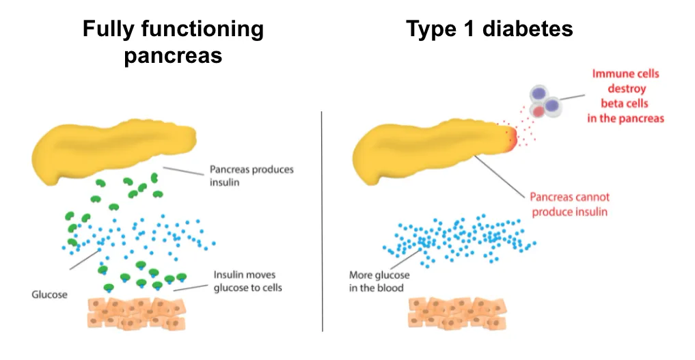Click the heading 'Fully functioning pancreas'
[x=173, y=42]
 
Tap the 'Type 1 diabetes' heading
[x=489, y=29]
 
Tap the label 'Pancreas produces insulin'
[x=251, y=176]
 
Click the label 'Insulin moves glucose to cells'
[x=247, y=281]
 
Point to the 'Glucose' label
[x=50, y=294]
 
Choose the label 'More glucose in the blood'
[x=379, y=281]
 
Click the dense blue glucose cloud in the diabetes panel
[x=458, y=239]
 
